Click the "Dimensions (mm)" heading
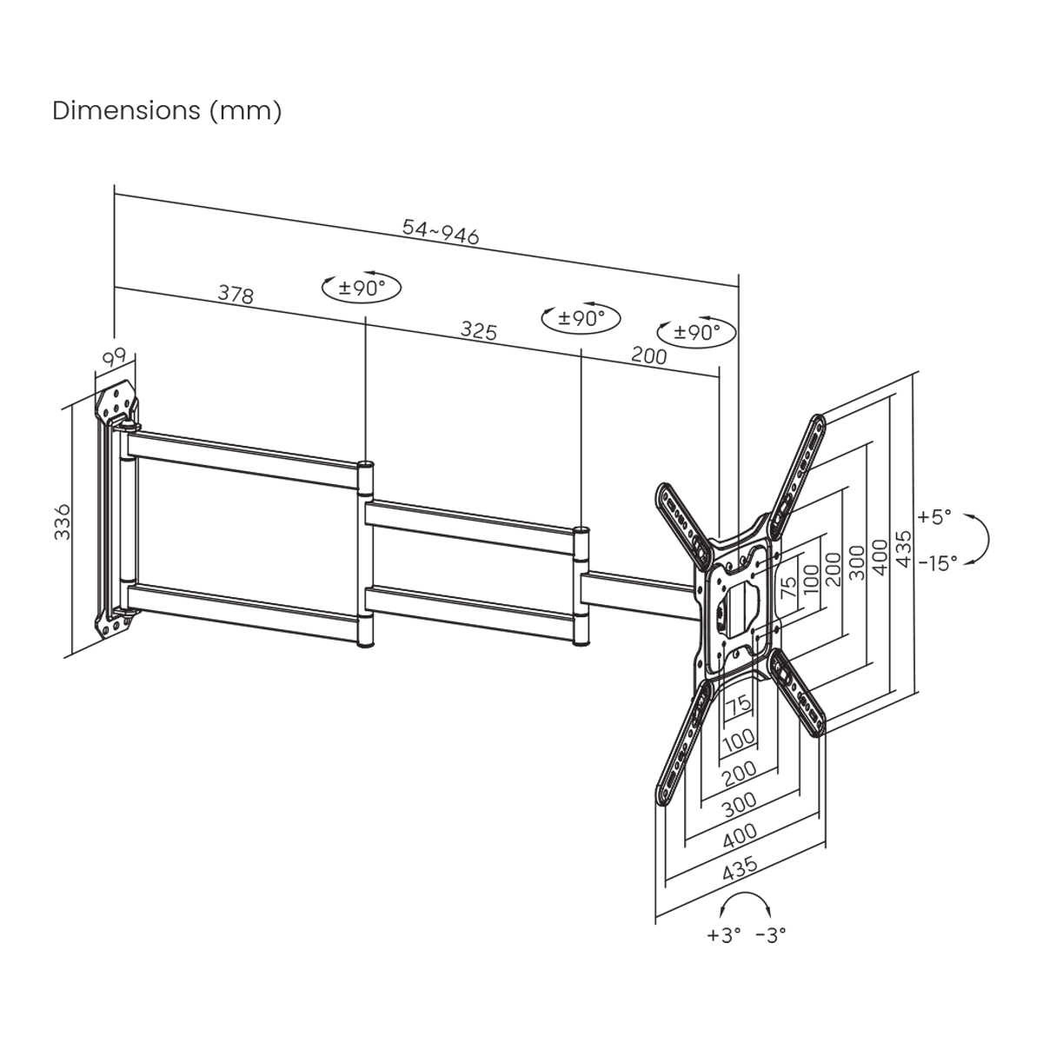point(167,111)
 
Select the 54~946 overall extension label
point(441,232)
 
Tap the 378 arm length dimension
point(236,295)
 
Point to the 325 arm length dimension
point(478,330)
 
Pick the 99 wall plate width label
point(115,357)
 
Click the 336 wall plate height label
point(63,521)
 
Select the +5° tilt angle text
point(934,517)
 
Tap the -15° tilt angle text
point(936,562)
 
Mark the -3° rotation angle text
point(770,935)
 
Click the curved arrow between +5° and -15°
point(980,540)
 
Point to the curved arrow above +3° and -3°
point(747,904)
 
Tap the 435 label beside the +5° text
point(903,549)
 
